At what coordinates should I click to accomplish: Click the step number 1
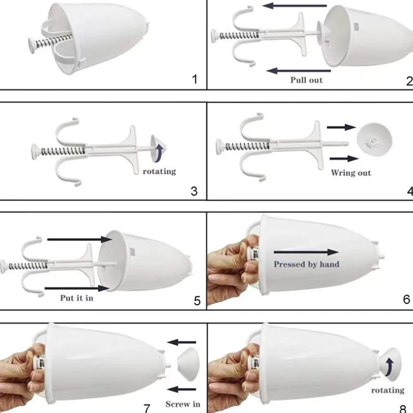(x=195, y=79)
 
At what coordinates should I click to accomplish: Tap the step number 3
(x=194, y=191)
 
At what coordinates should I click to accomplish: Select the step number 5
(x=197, y=301)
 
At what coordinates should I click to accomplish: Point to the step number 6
(x=406, y=299)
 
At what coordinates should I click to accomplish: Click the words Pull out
(x=306, y=80)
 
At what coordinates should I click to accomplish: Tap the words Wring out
(x=351, y=173)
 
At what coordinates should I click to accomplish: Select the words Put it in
(x=76, y=298)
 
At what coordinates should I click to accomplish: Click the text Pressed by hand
(x=307, y=264)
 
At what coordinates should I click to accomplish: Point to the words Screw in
(x=183, y=404)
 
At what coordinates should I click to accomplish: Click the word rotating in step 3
(x=159, y=171)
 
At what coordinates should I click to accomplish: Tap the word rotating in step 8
(x=388, y=390)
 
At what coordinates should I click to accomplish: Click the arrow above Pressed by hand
(x=306, y=252)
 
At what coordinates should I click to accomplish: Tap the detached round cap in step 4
(x=374, y=139)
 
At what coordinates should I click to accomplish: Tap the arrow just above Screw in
(x=182, y=389)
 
